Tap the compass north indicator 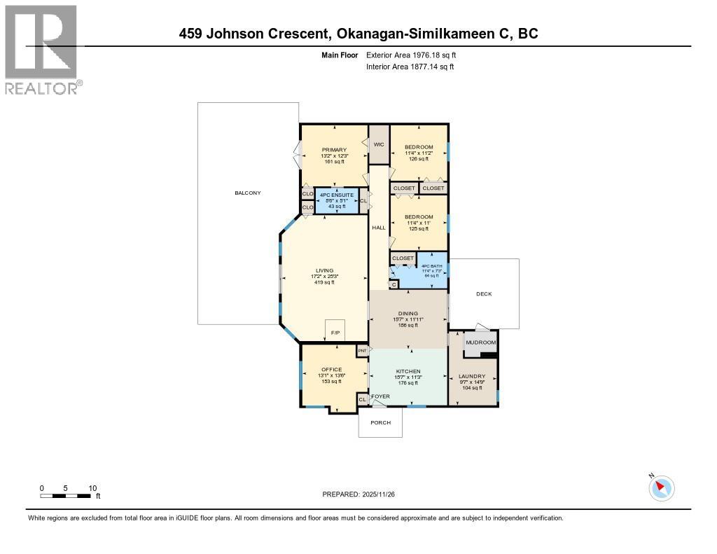[x=661, y=487]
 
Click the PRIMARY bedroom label [x=334, y=150]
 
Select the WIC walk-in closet [x=379, y=144]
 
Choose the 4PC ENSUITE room [x=337, y=200]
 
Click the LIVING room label [x=324, y=270]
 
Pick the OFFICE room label [x=331, y=370]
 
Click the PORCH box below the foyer [x=380, y=423]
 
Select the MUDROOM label [x=481, y=342]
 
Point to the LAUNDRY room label [x=473, y=376]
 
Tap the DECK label [x=484, y=293]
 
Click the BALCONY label [x=248, y=193]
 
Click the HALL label [x=379, y=228]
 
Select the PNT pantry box [x=363, y=349]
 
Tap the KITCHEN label [x=408, y=371]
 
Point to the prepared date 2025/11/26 [x=363, y=494]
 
